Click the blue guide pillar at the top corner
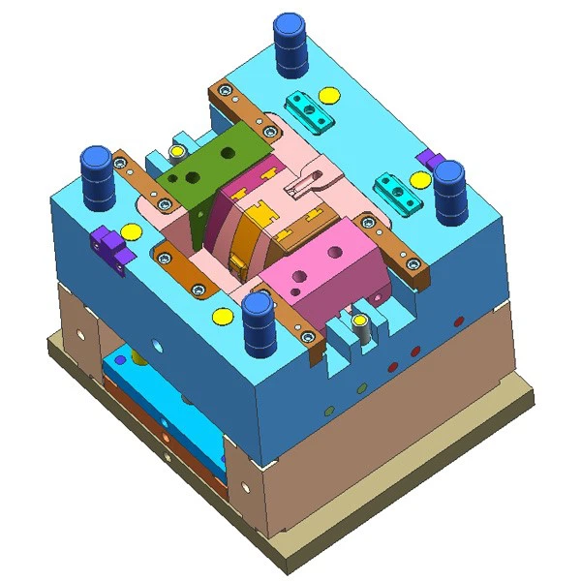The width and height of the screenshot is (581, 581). (290, 44)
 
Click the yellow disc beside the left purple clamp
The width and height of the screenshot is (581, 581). (131, 230)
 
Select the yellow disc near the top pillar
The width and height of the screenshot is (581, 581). (330, 95)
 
